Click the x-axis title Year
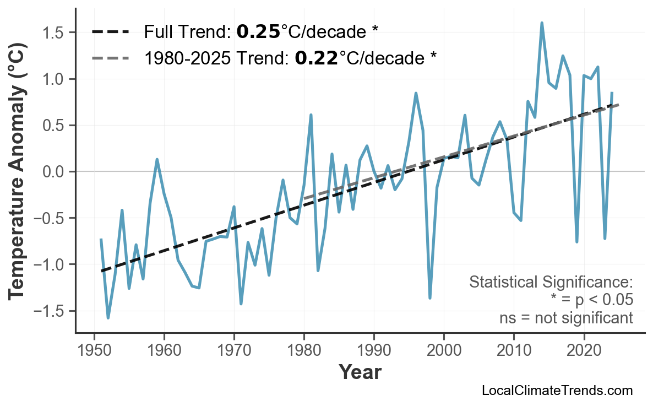(360, 372)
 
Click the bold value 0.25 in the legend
(258, 32)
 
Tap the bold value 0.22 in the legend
(316, 57)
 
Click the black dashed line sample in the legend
(111, 32)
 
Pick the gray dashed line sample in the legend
(111, 57)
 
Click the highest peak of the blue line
(542, 23)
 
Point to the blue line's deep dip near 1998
(430, 298)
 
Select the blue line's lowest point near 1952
(108, 318)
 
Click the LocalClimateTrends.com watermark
(557, 391)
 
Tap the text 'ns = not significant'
(566, 318)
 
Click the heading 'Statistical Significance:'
(551, 283)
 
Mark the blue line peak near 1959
(157, 159)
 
